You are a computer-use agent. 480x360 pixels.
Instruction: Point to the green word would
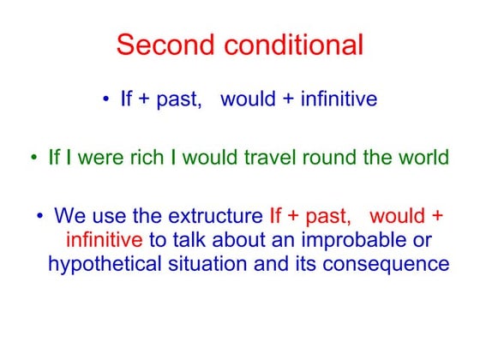(x=213, y=159)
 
